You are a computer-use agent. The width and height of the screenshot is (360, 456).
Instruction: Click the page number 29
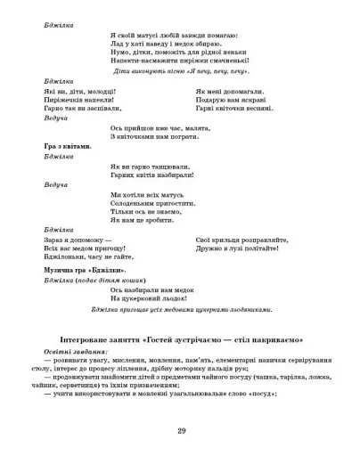(180, 430)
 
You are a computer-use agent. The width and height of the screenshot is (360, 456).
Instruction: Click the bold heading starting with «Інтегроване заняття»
(181, 339)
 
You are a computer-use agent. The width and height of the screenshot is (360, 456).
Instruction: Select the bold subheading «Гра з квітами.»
(67, 145)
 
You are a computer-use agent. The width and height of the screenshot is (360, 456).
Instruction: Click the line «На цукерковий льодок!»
(152, 298)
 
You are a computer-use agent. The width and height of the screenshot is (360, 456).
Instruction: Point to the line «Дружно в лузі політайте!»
(239, 248)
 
